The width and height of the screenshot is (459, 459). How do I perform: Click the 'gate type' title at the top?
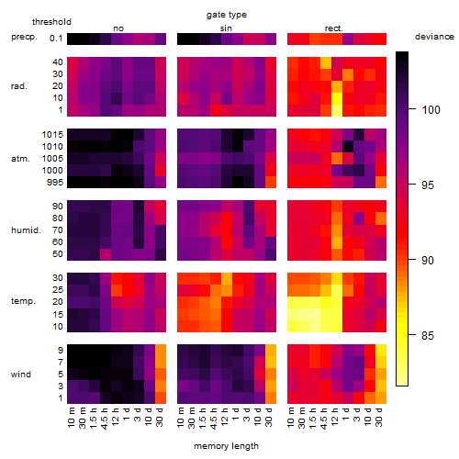pyautogui.click(x=227, y=15)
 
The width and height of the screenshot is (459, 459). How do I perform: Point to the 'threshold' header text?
pyautogui.click(x=51, y=22)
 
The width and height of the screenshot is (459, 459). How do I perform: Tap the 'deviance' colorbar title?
pyautogui.click(x=434, y=37)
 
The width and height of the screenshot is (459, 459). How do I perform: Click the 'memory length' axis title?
pyautogui.click(x=226, y=446)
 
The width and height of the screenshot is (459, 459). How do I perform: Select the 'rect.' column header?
pyautogui.click(x=334, y=28)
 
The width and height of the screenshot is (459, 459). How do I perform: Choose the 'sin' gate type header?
pyautogui.click(x=226, y=28)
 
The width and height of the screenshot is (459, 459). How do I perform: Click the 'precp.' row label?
pyautogui.click(x=24, y=37)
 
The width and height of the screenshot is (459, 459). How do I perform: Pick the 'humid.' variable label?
pyautogui.click(x=26, y=230)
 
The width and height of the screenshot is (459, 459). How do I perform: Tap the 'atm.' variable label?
pyautogui.click(x=20, y=159)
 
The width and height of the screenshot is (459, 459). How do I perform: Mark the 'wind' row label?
pyautogui.click(x=21, y=375)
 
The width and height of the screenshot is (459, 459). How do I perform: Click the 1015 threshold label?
pyautogui.click(x=52, y=135)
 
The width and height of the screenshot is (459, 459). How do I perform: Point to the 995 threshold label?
pyautogui.click(x=55, y=183)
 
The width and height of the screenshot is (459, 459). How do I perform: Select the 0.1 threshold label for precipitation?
pyautogui.click(x=56, y=39)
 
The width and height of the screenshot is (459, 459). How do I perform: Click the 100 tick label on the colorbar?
pyautogui.click(x=431, y=109)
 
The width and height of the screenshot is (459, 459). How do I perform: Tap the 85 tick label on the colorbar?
pyautogui.click(x=428, y=336)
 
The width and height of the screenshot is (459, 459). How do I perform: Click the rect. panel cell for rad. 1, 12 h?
pyautogui.click(x=337, y=110)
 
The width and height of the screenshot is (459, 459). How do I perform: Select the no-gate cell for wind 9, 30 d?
pyautogui.click(x=161, y=350)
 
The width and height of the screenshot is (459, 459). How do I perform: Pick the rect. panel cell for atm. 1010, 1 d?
pyautogui.click(x=348, y=147)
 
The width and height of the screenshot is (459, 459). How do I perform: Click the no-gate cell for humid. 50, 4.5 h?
pyautogui.click(x=106, y=254)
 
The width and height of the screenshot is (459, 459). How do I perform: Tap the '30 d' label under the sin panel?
pyautogui.click(x=269, y=418)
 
